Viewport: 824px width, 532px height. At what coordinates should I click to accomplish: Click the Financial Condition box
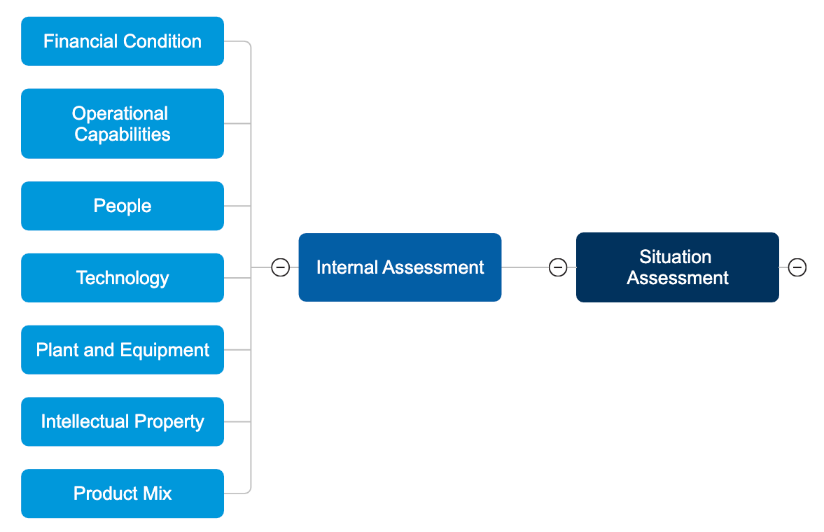pyautogui.click(x=123, y=41)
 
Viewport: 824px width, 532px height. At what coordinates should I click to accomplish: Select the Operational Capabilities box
pyautogui.click(x=123, y=124)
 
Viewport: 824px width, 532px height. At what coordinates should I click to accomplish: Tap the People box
pyautogui.click(x=123, y=206)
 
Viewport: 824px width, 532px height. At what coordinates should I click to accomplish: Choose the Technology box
pyautogui.click(x=123, y=278)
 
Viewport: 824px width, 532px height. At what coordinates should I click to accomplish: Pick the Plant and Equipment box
pyautogui.click(x=123, y=350)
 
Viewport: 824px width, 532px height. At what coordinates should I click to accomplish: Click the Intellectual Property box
pyautogui.click(x=123, y=421)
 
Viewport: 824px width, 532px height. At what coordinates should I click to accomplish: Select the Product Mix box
pyautogui.click(x=123, y=493)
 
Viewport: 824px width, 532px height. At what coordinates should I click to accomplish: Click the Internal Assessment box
pyautogui.click(x=400, y=267)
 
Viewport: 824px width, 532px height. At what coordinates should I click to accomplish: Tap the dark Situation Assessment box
pyautogui.click(x=677, y=267)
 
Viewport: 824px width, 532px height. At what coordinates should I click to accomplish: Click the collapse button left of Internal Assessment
pyautogui.click(x=280, y=267)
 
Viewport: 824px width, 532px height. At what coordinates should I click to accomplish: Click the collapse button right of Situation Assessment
pyautogui.click(x=797, y=267)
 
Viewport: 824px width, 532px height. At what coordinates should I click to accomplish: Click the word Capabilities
pyautogui.click(x=123, y=134)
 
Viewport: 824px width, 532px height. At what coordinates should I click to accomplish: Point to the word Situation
pyautogui.click(x=675, y=257)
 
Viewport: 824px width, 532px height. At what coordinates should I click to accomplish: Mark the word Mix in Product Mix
pyautogui.click(x=157, y=493)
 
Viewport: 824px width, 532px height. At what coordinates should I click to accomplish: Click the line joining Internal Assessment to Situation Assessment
pyautogui.click(x=525, y=267)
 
